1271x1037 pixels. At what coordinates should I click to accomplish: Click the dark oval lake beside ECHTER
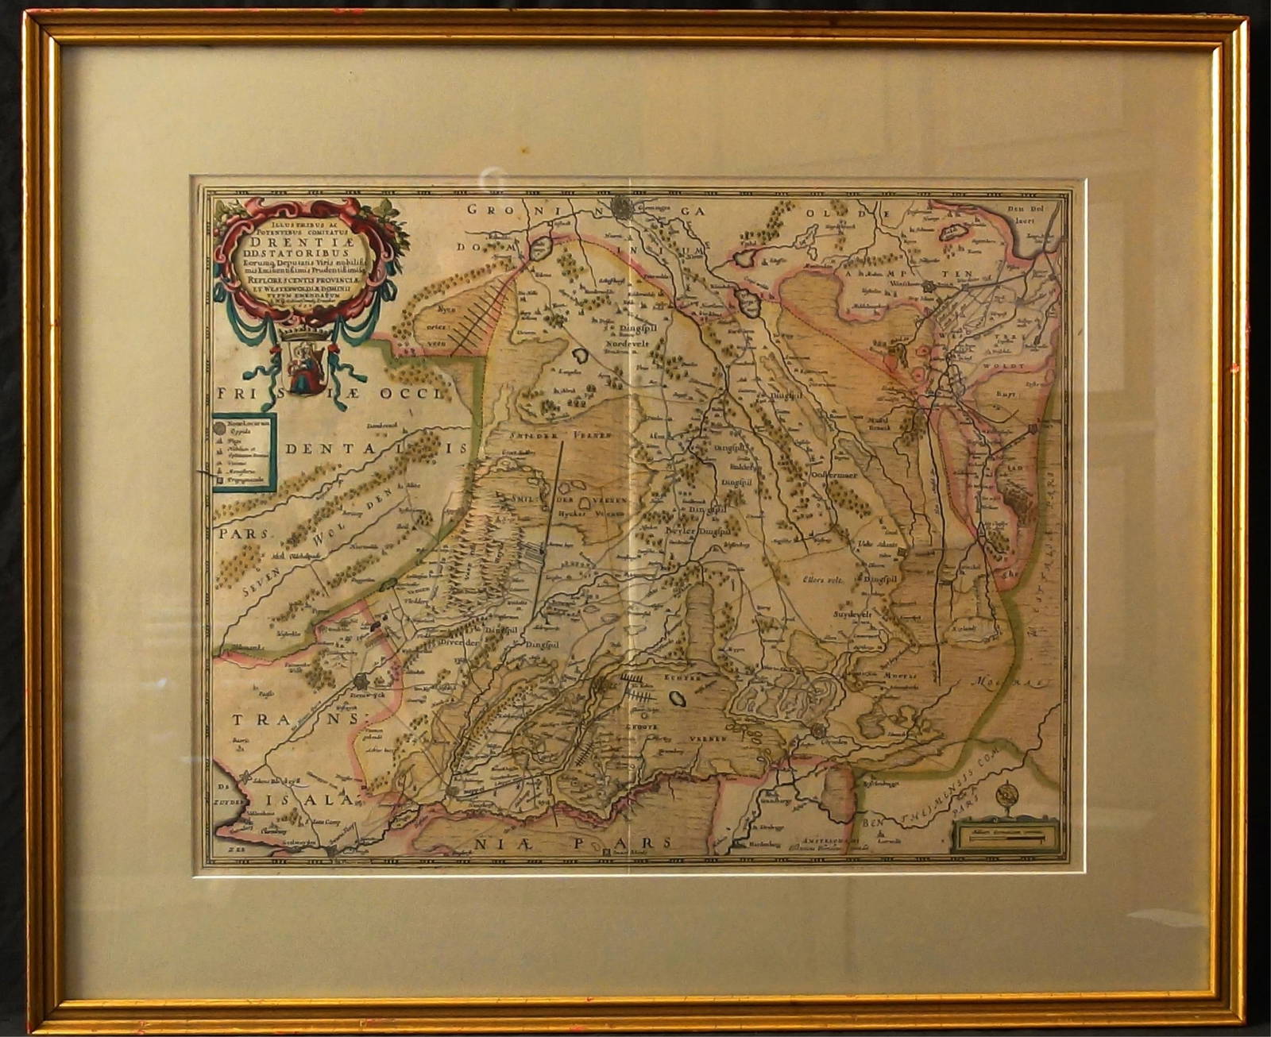coord(679,699)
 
